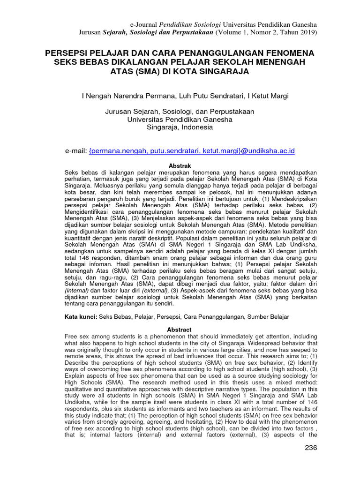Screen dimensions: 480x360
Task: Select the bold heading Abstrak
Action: click(180, 166)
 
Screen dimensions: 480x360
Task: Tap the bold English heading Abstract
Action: click(180, 330)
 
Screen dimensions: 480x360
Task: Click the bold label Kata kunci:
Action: click(81, 317)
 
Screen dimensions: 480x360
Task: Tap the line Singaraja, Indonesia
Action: click(180, 127)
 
